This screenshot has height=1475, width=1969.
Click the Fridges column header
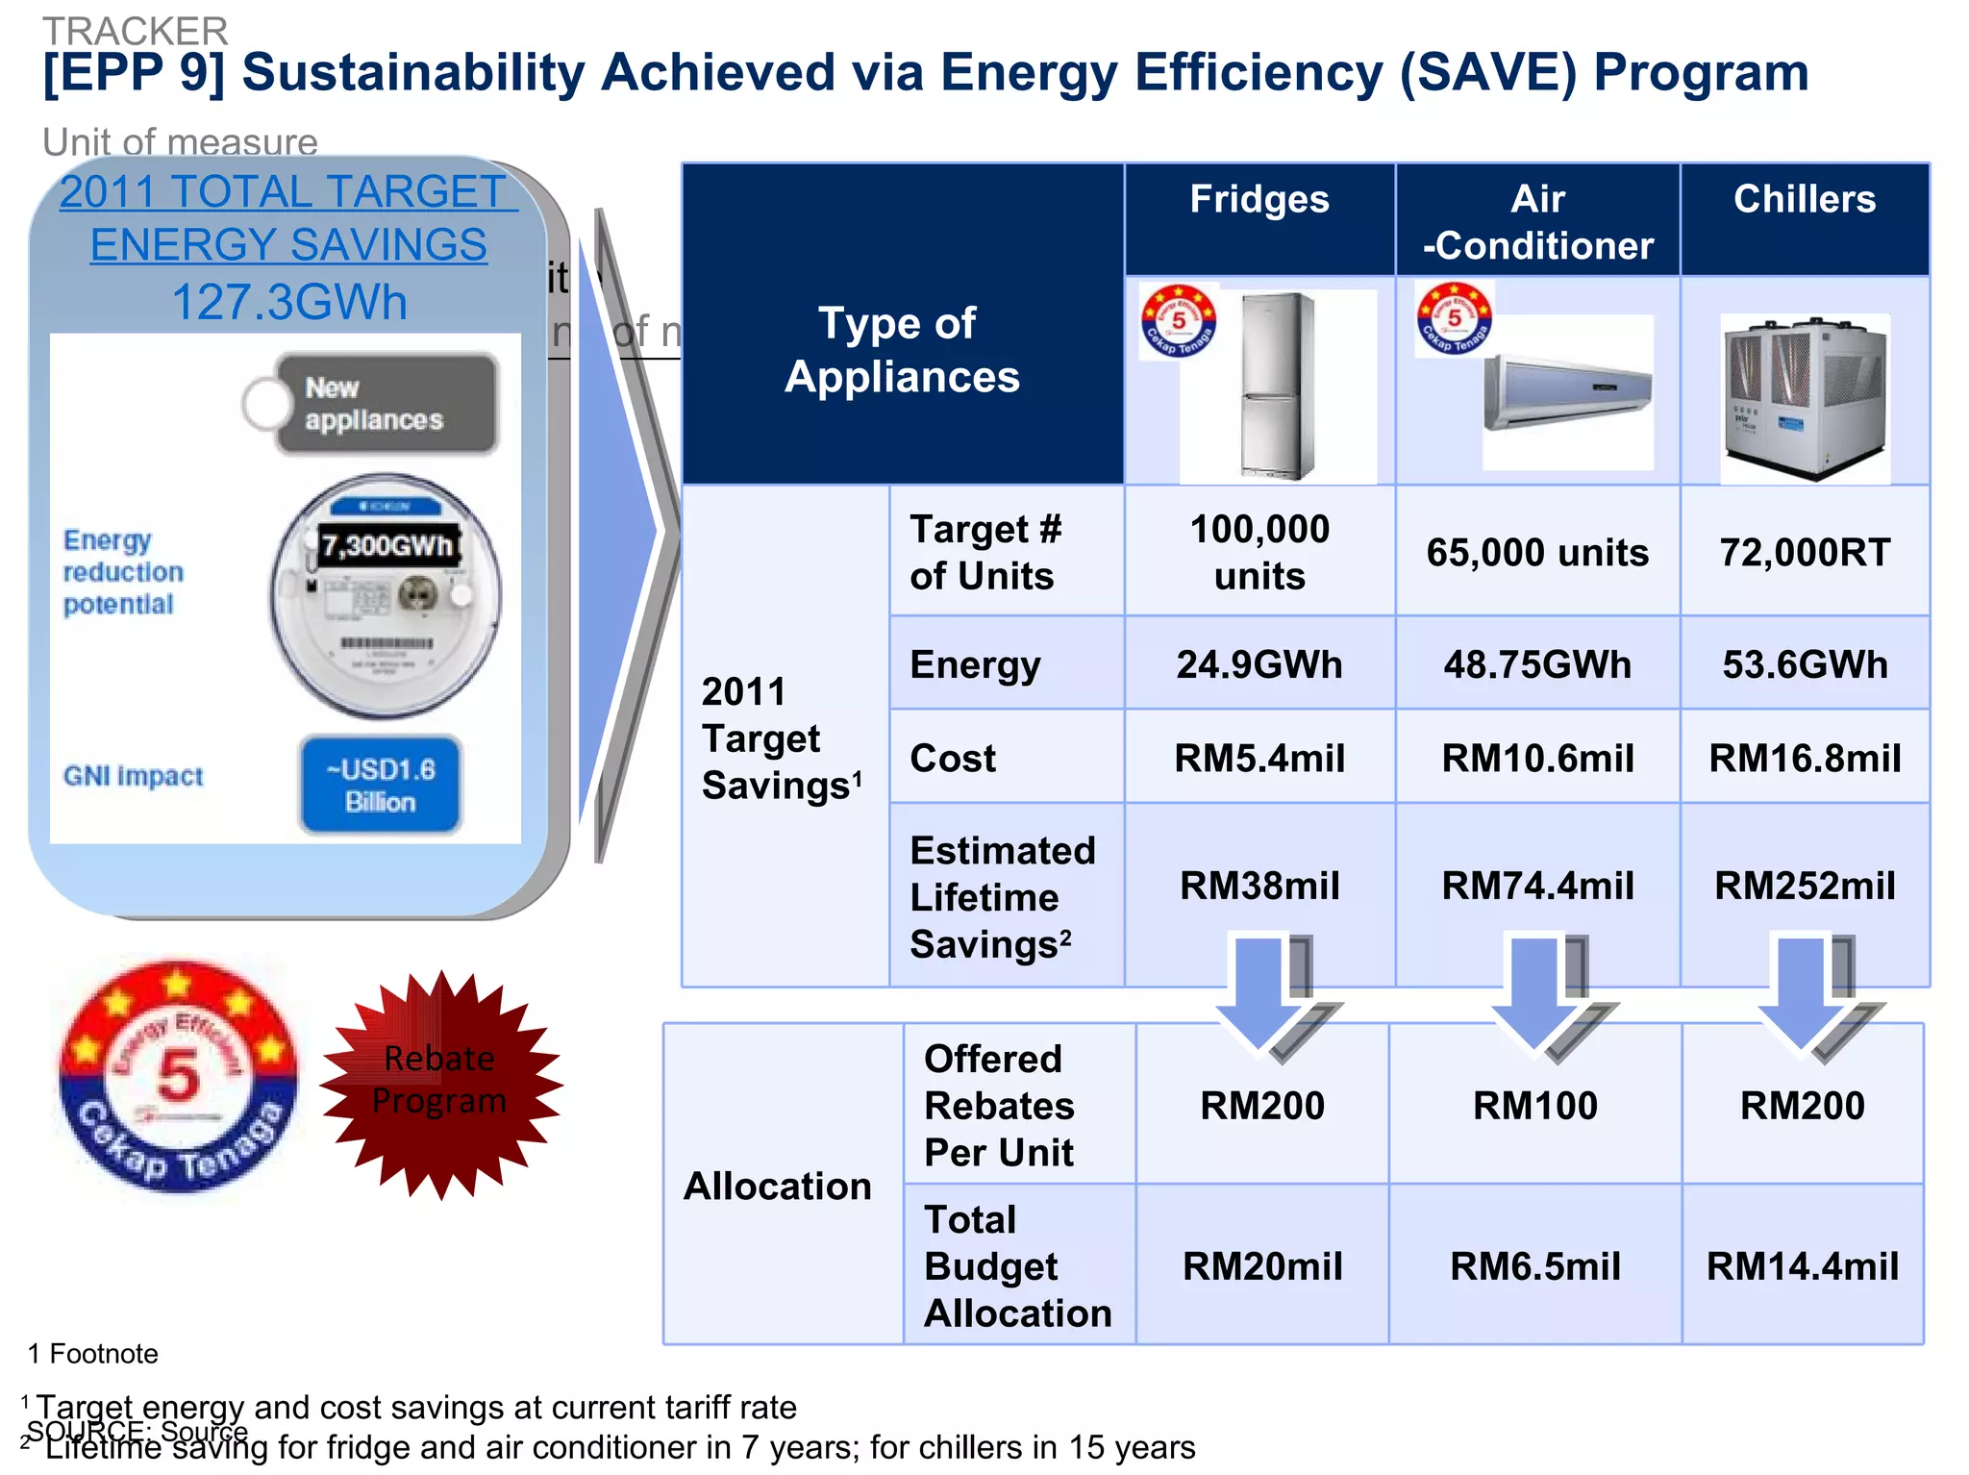coord(1259,200)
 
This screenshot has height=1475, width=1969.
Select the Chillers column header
coord(1804,200)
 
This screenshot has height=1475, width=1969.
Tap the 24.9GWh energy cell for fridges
coord(1259,664)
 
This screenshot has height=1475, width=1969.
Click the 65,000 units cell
coord(1536,553)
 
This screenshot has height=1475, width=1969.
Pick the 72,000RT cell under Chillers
coord(1804,553)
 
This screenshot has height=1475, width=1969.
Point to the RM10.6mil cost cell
coord(1536,758)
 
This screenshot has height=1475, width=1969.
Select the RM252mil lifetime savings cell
coord(1804,886)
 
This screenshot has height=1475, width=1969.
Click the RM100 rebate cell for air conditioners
coord(1534,1106)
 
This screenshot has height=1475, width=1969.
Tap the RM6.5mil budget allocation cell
coord(1534,1266)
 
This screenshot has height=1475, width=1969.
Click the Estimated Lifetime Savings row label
coord(1002,897)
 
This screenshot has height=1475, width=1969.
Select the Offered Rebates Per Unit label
coord(1000,1106)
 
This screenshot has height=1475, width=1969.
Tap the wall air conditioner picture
coord(1567,392)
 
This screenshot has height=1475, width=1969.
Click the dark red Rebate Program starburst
coord(440,1083)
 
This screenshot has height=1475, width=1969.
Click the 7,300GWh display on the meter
coord(386,546)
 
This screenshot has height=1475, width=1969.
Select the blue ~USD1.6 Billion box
coord(381,785)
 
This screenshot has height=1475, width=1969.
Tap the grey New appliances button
coord(385,404)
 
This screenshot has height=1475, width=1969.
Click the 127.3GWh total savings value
coord(288,302)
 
